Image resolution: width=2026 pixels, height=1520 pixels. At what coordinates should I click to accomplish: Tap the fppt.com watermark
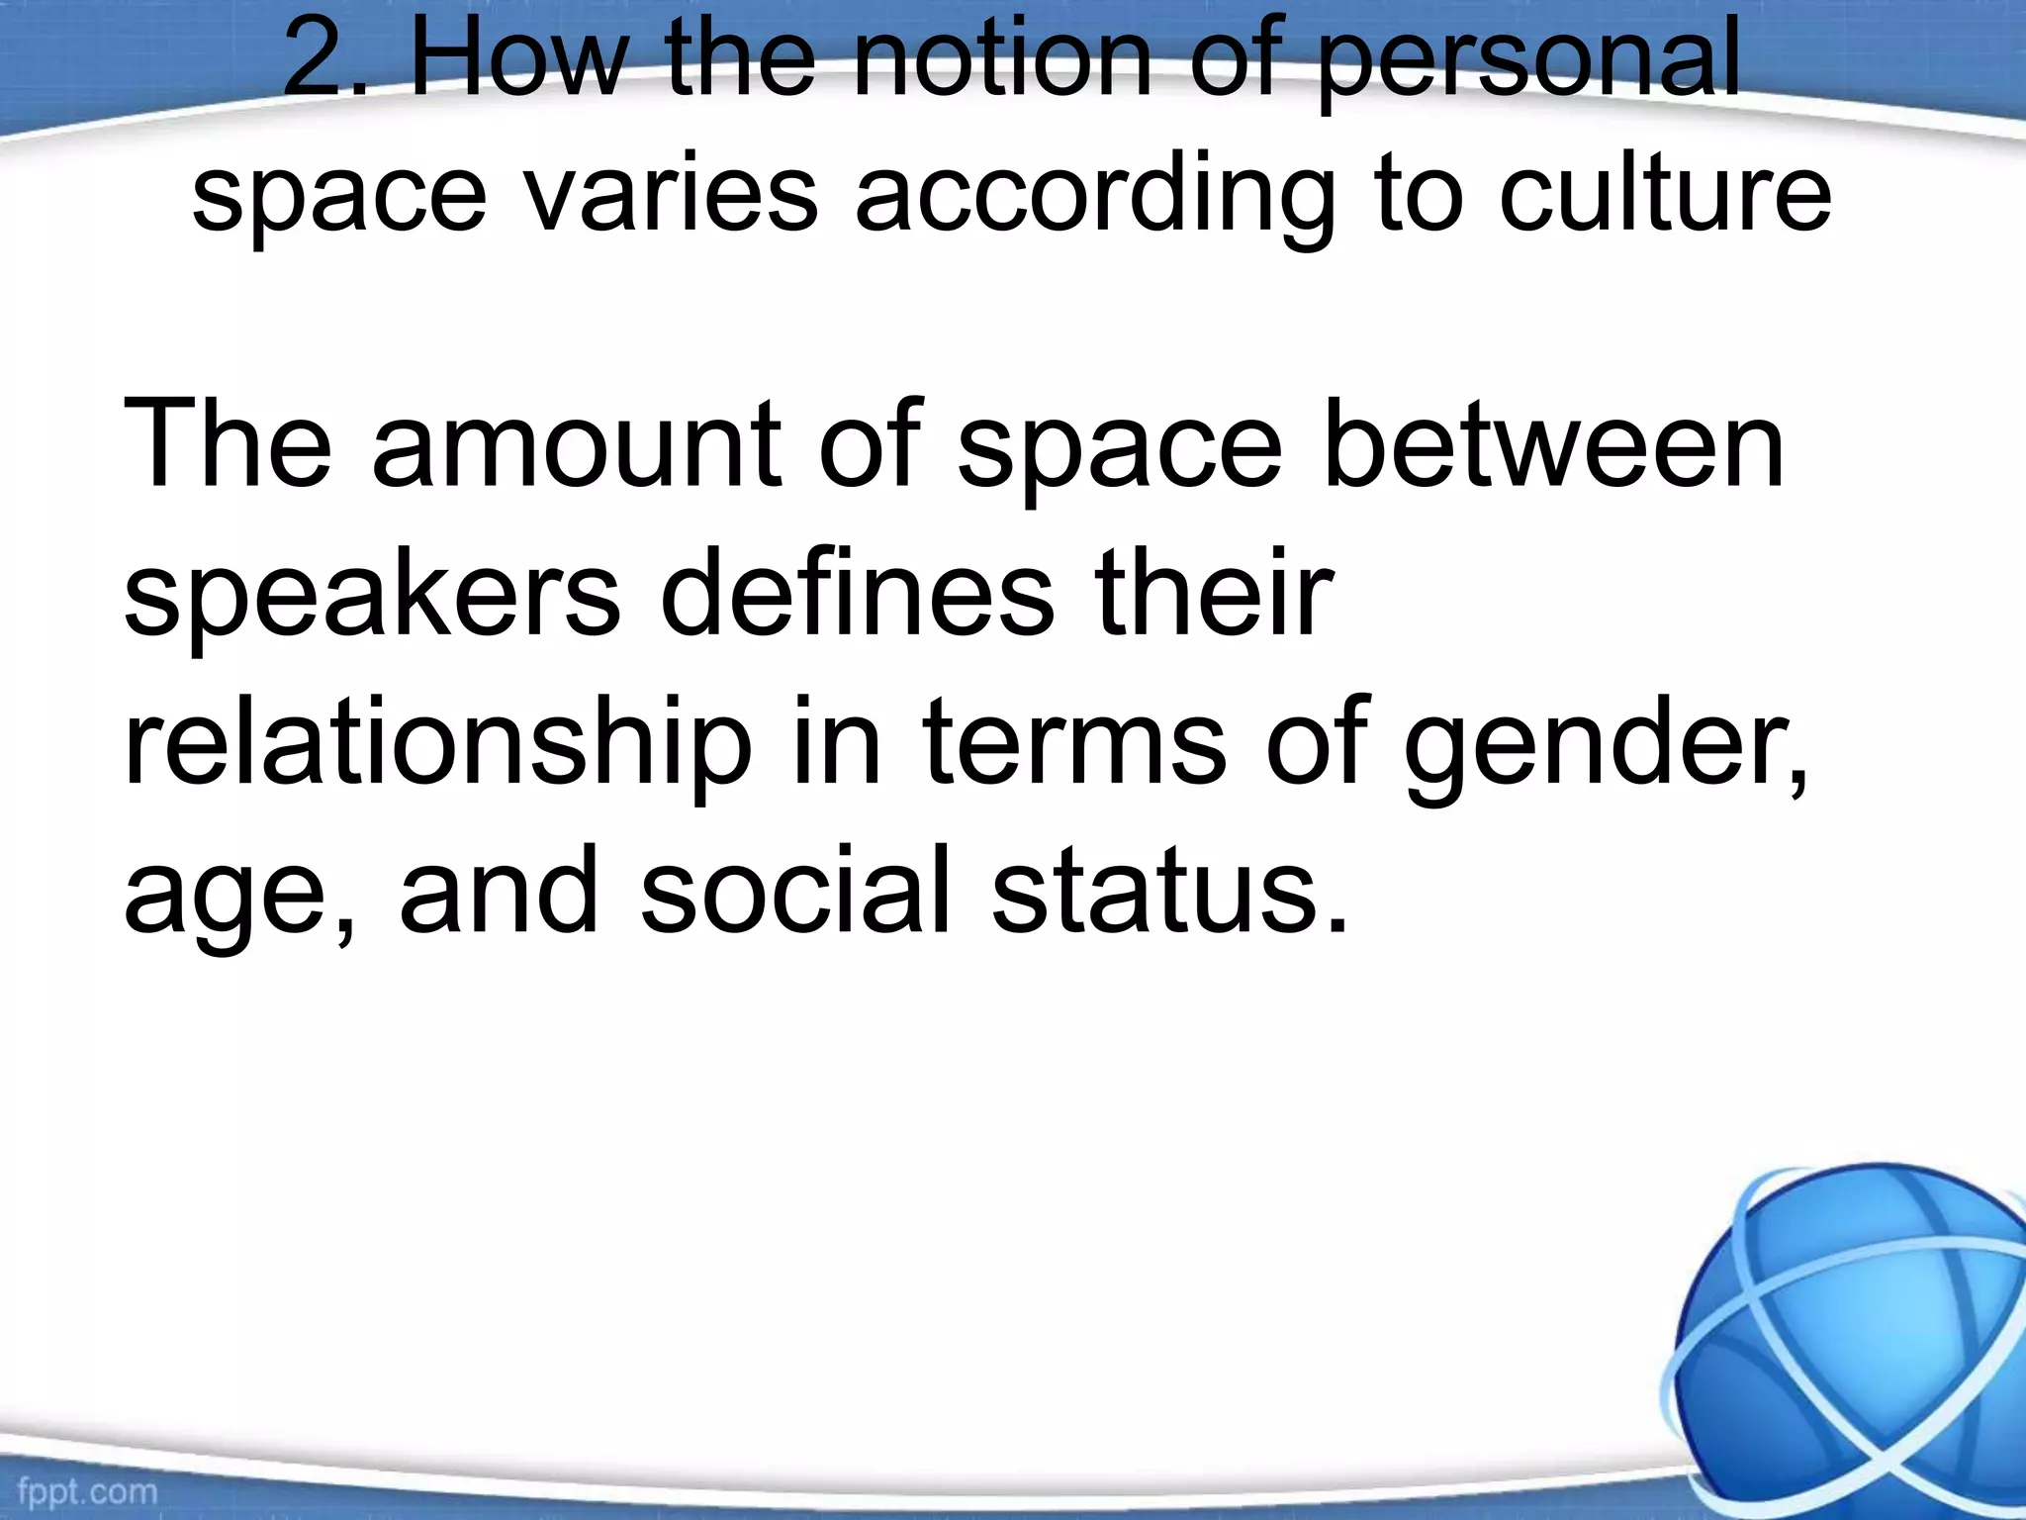pos(86,1490)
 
